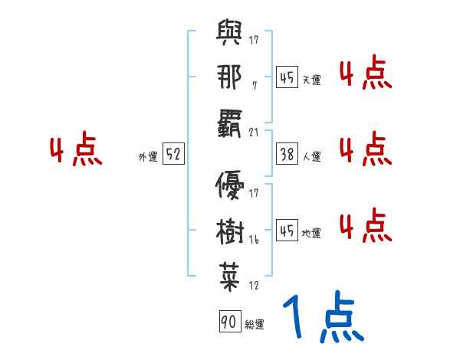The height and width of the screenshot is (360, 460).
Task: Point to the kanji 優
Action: (x=230, y=183)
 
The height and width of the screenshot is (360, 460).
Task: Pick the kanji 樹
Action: (x=230, y=227)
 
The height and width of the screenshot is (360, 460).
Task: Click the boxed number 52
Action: (x=173, y=155)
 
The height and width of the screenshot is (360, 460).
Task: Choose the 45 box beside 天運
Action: (x=286, y=77)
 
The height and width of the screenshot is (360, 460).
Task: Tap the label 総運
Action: (x=254, y=325)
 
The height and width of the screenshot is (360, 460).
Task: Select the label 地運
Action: (x=311, y=233)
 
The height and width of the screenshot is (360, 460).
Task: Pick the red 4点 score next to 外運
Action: (x=76, y=151)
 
